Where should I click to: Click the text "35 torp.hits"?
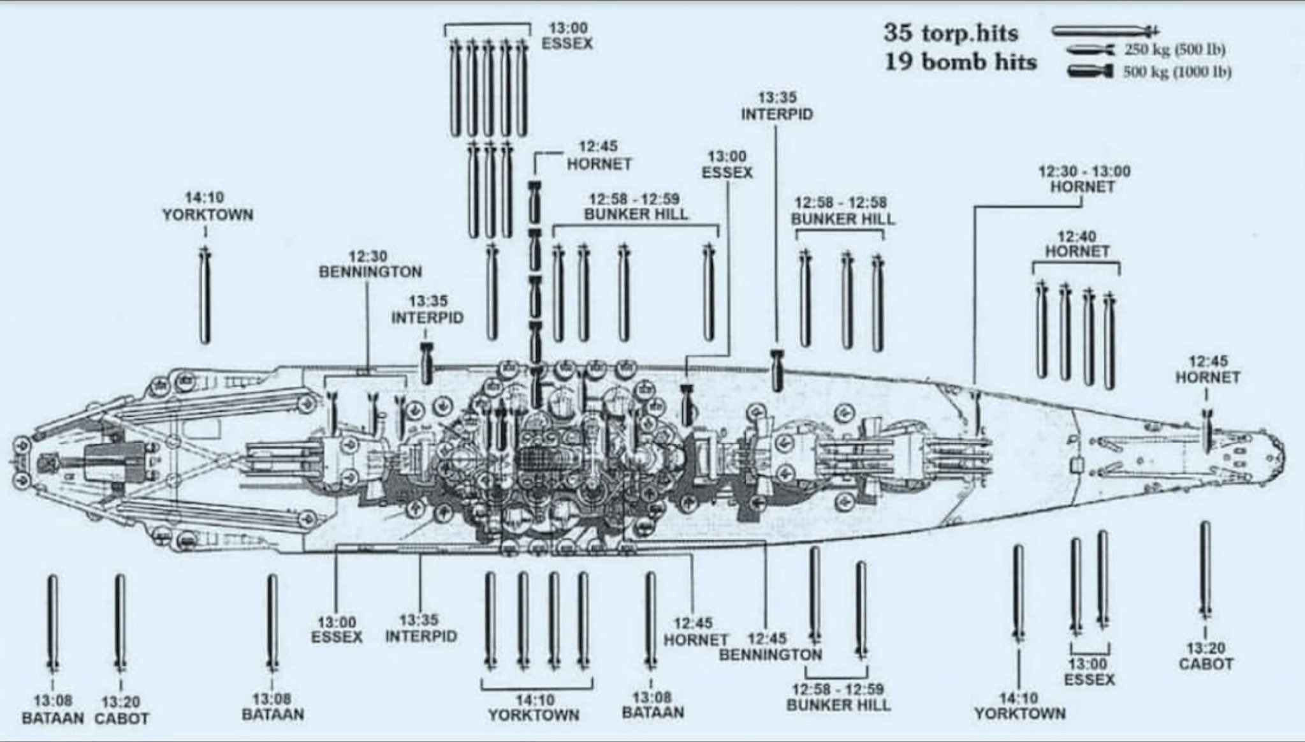point(950,33)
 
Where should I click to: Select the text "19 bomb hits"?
point(959,63)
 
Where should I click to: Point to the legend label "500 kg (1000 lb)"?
point(1176,71)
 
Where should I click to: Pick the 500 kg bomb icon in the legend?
point(1091,71)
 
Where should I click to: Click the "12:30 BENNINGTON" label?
point(370,264)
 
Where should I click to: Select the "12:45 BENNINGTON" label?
point(770,646)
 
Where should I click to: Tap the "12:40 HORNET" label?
point(1077,244)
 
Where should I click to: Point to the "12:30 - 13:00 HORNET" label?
point(1082,179)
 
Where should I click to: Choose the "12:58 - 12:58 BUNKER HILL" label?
point(842,211)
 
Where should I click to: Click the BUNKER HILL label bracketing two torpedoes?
point(838,697)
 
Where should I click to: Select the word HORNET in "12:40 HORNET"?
point(1077,251)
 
